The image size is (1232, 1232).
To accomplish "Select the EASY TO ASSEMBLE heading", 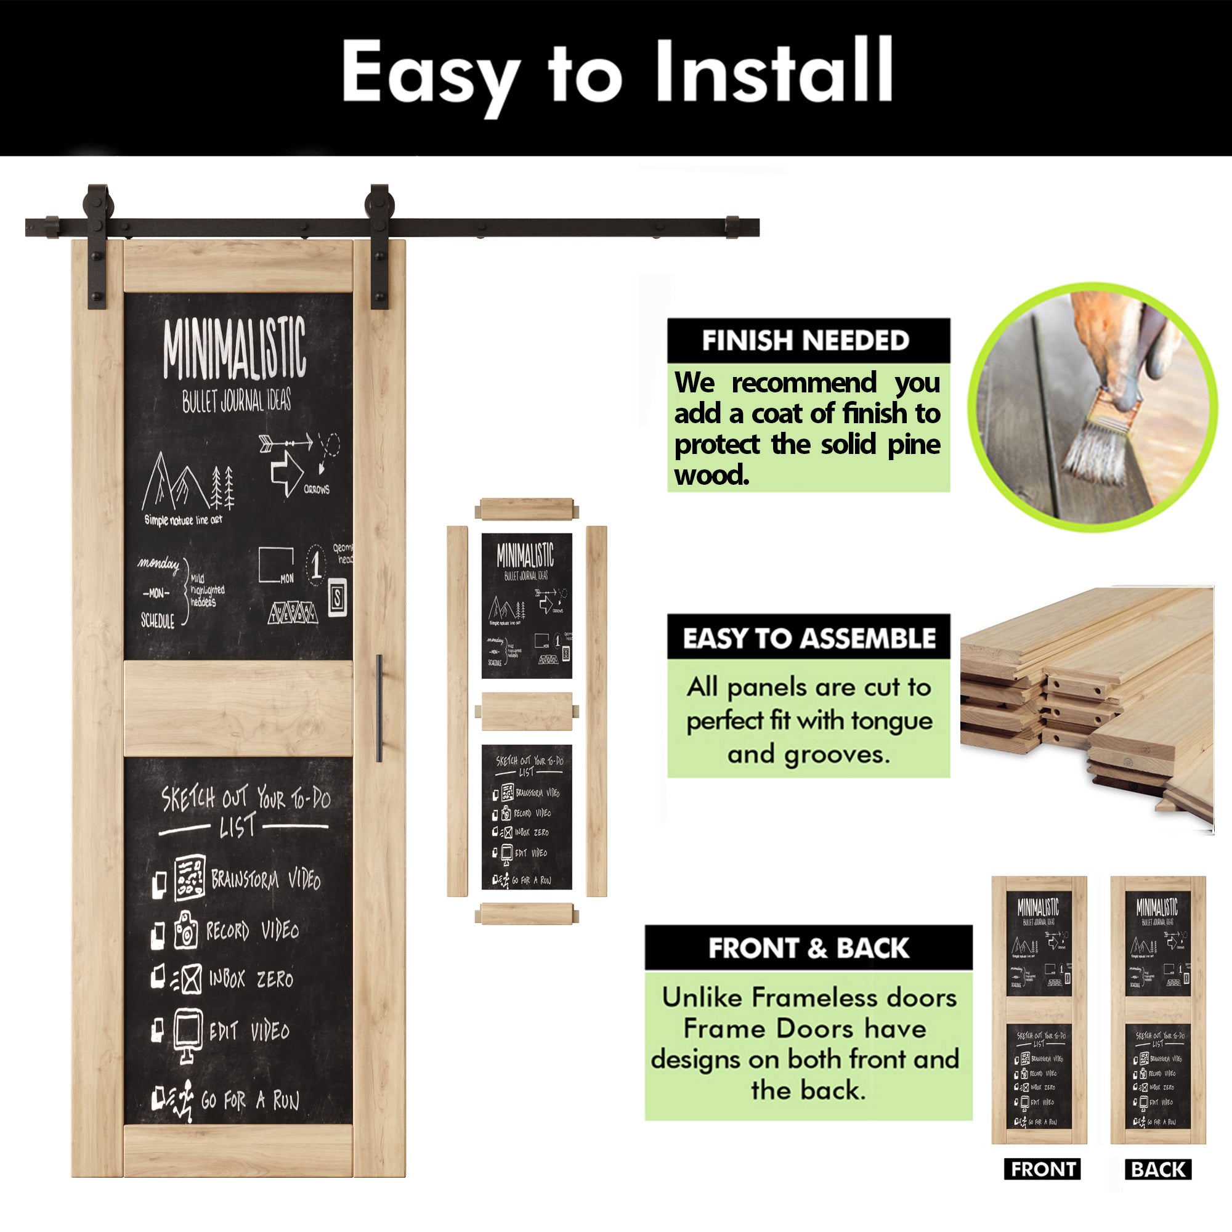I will click(x=809, y=638).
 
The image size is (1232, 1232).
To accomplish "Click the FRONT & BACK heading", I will click(x=809, y=948).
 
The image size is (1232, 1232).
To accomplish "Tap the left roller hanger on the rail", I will click(x=97, y=246).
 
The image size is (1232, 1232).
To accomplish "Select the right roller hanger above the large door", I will click(x=379, y=246).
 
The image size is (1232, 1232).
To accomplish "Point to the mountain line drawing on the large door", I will click(x=174, y=482).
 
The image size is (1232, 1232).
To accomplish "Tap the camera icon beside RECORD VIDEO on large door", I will click(x=185, y=929).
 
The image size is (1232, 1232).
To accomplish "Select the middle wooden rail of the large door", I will click(x=238, y=708).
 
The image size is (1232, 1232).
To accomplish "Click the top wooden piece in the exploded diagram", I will click(x=527, y=509).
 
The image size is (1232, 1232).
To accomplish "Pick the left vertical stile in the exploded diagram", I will click(x=457, y=711).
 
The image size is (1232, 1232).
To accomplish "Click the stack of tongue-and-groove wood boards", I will click(x=1087, y=702).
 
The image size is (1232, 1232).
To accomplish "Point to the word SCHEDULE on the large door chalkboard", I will click(x=158, y=620).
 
